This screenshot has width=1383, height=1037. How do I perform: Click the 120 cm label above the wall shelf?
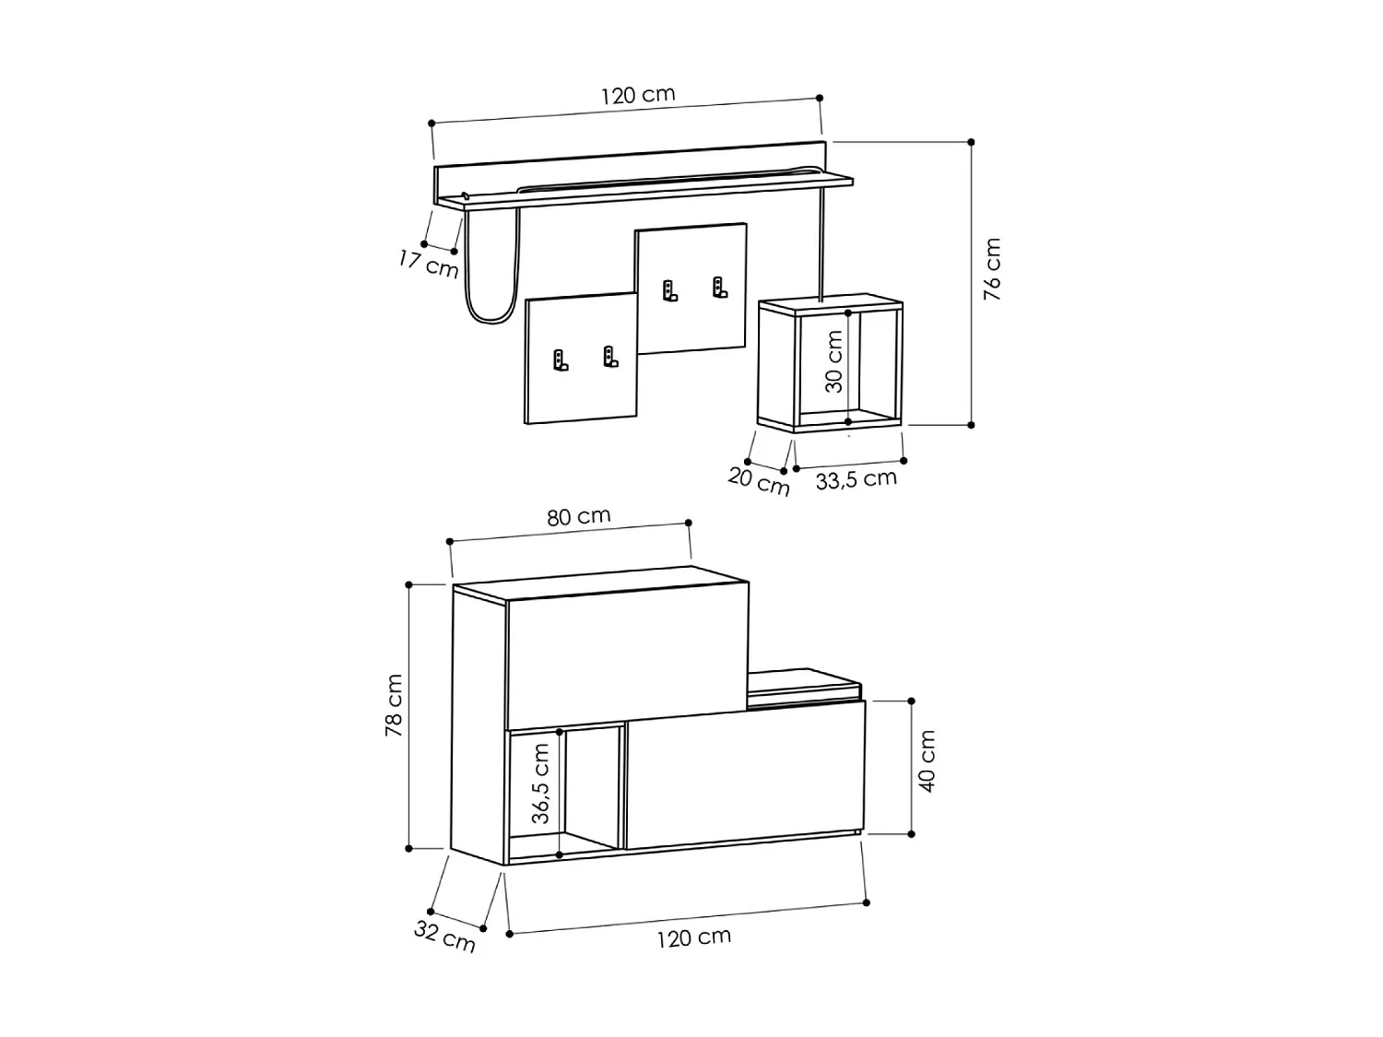pos(638,95)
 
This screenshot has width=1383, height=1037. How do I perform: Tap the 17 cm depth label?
pos(428,264)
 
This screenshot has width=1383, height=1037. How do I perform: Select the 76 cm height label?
pos(992,269)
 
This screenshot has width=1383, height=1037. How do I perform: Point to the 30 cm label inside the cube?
pos(833,362)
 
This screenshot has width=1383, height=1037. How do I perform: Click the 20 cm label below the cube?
pos(759,481)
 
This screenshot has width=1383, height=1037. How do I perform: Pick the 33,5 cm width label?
pos(856,479)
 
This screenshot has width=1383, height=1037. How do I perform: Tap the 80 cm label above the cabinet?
pos(579,517)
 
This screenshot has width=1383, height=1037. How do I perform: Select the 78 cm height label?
pos(394,705)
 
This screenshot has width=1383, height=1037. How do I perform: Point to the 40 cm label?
pos(928,761)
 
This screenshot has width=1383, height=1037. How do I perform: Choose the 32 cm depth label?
pos(444,936)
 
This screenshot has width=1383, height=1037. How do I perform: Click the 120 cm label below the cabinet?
pos(693,937)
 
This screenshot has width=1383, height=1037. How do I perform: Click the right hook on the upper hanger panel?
pos(719,288)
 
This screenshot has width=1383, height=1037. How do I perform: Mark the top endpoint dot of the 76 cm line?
pos(971,142)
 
